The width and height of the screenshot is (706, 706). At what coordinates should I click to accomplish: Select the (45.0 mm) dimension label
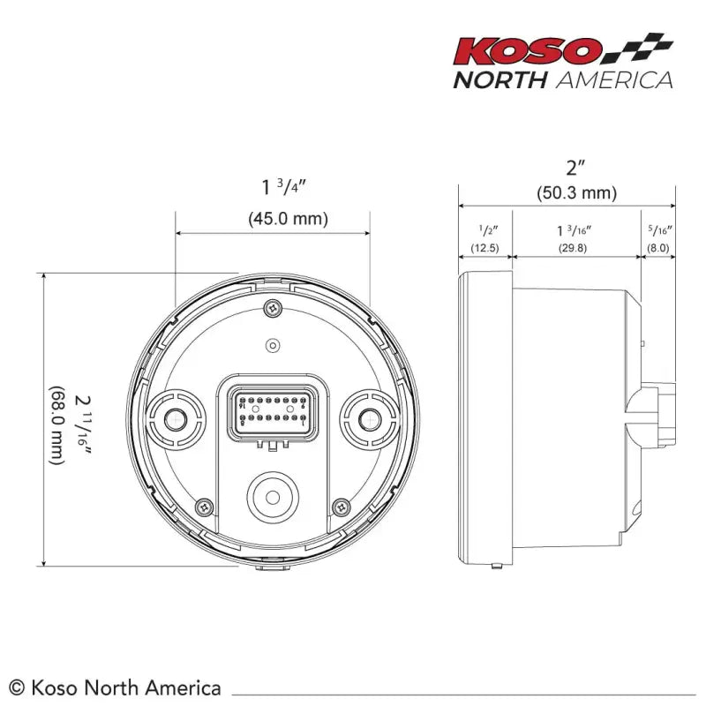click(287, 218)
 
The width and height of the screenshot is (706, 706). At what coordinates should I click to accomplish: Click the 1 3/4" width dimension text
click(283, 186)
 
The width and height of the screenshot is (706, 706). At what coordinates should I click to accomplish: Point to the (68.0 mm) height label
click(56, 424)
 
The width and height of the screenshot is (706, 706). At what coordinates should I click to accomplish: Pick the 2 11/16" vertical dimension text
click(84, 426)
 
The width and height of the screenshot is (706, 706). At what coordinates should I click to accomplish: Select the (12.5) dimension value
click(484, 248)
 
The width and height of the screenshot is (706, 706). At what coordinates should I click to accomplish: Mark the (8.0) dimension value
click(658, 248)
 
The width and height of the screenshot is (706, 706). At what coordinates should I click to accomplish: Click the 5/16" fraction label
click(658, 230)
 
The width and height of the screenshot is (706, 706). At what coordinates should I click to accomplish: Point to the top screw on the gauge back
click(273, 308)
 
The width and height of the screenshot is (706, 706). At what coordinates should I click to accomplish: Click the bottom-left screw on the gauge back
click(206, 507)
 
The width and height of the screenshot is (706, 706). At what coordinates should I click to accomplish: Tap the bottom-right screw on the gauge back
click(341, 507)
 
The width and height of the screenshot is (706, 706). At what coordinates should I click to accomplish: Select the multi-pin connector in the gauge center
click(273, 411)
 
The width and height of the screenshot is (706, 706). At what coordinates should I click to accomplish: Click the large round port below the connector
click(272, 496)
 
